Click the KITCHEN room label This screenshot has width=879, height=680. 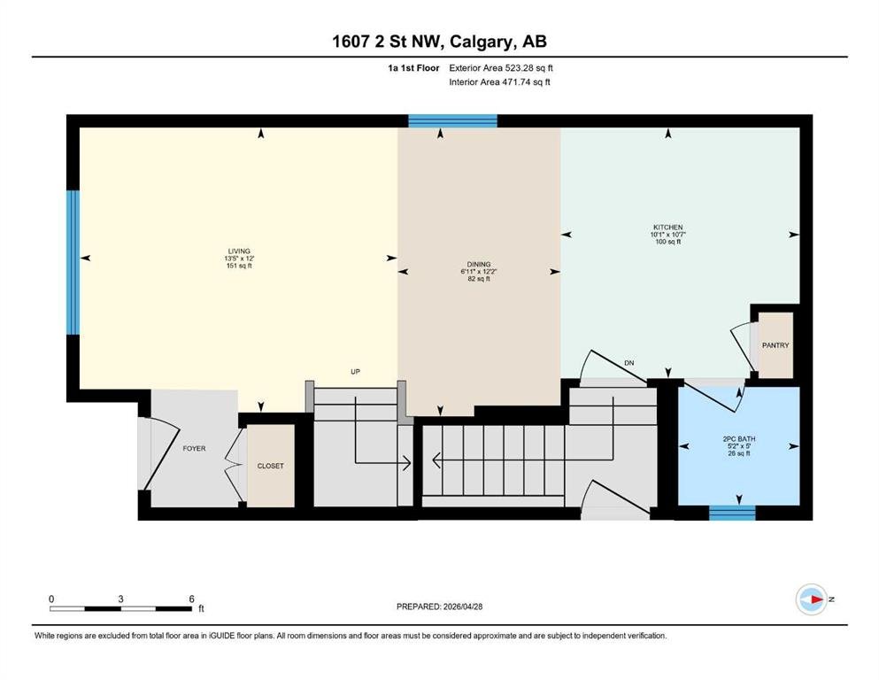667,227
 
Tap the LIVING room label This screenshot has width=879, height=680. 239,251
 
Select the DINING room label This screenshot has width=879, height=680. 479,264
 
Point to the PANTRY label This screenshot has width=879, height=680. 775,345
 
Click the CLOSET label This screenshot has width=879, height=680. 270,466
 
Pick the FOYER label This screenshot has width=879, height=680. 194,449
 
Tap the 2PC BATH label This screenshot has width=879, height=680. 739,439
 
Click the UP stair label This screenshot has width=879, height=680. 355,372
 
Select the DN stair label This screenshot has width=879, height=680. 629,363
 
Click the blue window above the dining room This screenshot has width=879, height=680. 452,121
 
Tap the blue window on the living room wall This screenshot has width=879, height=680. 73,262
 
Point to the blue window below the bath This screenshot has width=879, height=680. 732,513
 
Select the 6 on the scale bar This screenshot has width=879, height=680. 191,599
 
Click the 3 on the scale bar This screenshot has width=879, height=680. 120,599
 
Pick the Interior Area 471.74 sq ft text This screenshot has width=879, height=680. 499,81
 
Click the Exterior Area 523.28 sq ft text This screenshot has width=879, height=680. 501,68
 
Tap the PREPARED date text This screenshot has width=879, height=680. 439,607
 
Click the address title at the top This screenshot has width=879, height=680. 439,42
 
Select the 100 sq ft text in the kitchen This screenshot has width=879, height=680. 667,242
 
